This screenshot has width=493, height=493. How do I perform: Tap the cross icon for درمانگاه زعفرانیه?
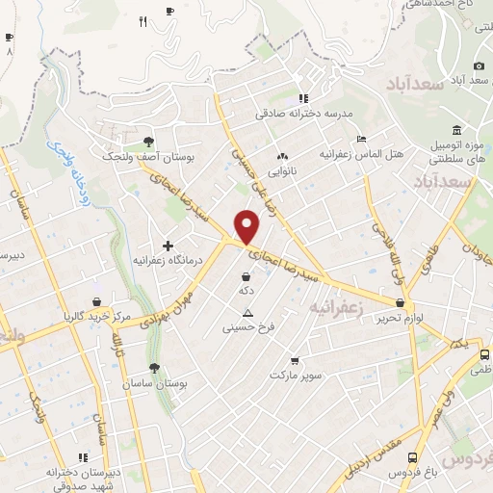click(168, 246)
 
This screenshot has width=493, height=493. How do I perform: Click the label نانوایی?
click(282, 173)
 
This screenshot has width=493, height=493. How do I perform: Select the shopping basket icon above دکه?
click(247, 275)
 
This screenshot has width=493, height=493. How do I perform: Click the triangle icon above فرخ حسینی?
click(247, 313)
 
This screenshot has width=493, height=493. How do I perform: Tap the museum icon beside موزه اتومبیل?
click(455, 131)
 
